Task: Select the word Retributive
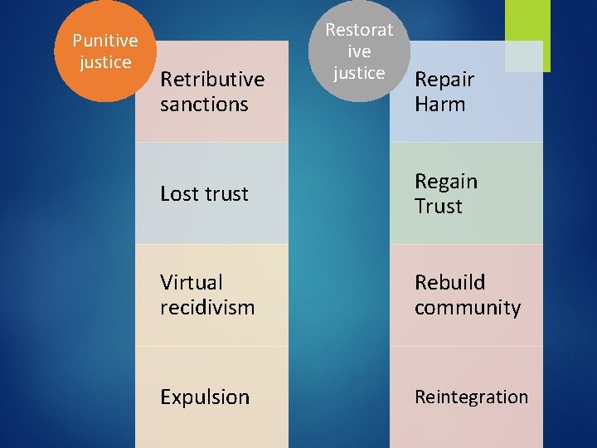(212, 80)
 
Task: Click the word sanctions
(204, 105)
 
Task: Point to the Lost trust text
(204, 194)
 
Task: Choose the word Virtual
(192, 282)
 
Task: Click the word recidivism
(207, 308)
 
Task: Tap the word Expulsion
(205, 397)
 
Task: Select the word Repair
(444, 80)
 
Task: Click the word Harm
(439, 105)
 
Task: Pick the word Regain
(446, 182)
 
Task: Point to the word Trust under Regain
(439, 207)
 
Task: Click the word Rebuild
(449, 282)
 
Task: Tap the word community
(468, 308)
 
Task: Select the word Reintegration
(471, 397)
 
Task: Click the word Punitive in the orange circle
(105, 41)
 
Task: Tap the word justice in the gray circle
(359, 73)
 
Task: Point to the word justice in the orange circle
(105, 62)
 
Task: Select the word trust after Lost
(226, 194)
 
